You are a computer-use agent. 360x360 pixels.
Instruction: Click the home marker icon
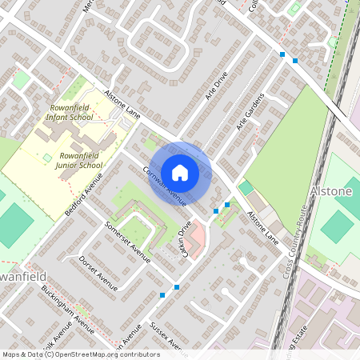[x=180, y=173]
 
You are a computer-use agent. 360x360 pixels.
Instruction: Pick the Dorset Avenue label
[x=98, y=274]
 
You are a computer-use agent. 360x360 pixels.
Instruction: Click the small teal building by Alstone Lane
[x=246, y=187]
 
